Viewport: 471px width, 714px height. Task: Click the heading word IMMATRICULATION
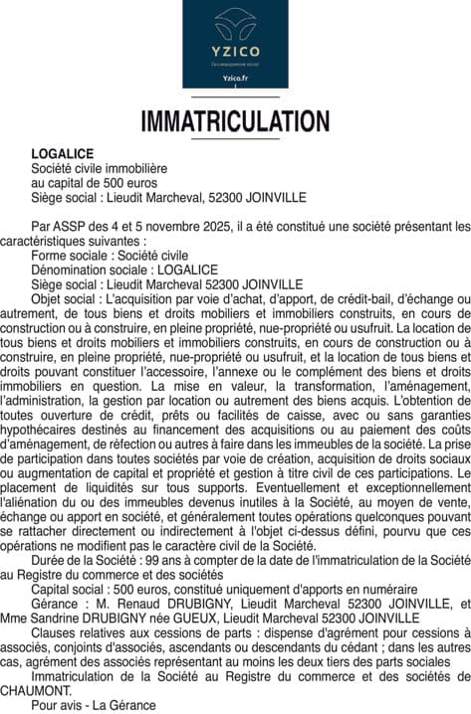pyautogui.click(x=235, y=122)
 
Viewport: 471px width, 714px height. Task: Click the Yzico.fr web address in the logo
pyautogui.click(x=235, y=76)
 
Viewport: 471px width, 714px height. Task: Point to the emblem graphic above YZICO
pyautogui.click(x=235, y=22)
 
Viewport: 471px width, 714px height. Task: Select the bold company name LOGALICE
pyautogui.click(x=62, y=155)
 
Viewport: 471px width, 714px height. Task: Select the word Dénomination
pyautogui.click(x=72, y=269)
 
